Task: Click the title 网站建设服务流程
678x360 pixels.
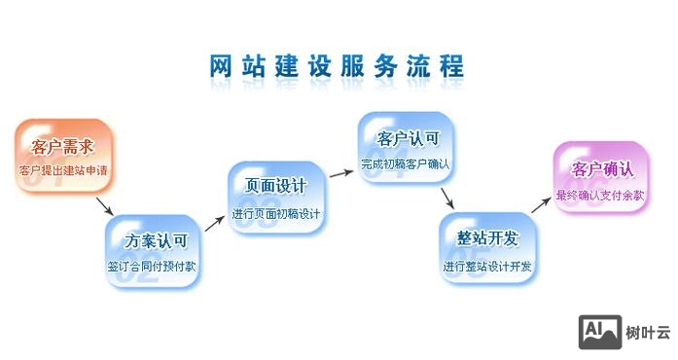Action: (337, 66)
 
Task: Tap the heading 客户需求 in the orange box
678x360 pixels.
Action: (62, 148)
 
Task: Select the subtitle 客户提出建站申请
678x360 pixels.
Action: (62, 171)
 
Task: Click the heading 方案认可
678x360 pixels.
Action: (156, 240)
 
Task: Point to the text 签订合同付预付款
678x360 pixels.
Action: (156, 265)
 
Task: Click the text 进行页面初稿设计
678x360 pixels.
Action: (277, 213)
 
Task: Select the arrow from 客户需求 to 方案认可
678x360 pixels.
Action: (105, 206)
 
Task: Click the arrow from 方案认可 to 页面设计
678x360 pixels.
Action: (215, 220)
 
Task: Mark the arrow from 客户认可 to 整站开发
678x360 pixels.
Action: (448, 198)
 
